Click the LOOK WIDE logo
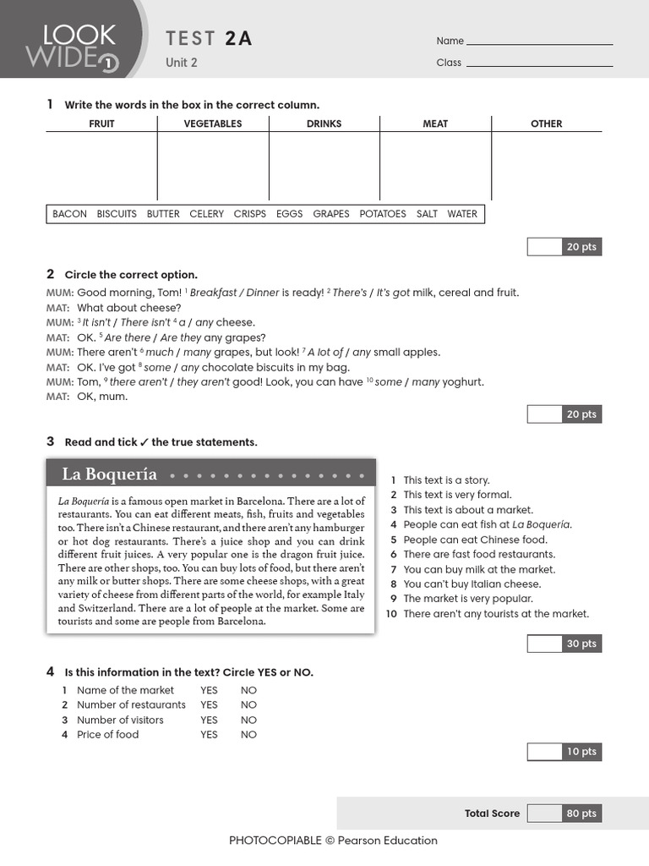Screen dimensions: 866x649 72,44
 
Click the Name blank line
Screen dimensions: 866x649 539,42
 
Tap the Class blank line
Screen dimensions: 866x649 539,64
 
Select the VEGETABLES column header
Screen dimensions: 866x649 213,123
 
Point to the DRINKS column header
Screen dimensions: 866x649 324,123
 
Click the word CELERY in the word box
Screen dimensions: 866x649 206,214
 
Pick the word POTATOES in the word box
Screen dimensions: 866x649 382,214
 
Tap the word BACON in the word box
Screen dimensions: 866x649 69,214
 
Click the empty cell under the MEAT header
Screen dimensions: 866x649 435,166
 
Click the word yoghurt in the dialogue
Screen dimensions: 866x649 463,382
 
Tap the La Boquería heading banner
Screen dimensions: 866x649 210,474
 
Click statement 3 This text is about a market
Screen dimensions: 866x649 467,510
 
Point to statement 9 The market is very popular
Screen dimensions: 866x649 467,599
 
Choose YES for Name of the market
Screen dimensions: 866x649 209,690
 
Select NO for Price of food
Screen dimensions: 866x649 248,735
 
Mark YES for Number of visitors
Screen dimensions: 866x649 209,721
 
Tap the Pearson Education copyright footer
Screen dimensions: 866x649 333,841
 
